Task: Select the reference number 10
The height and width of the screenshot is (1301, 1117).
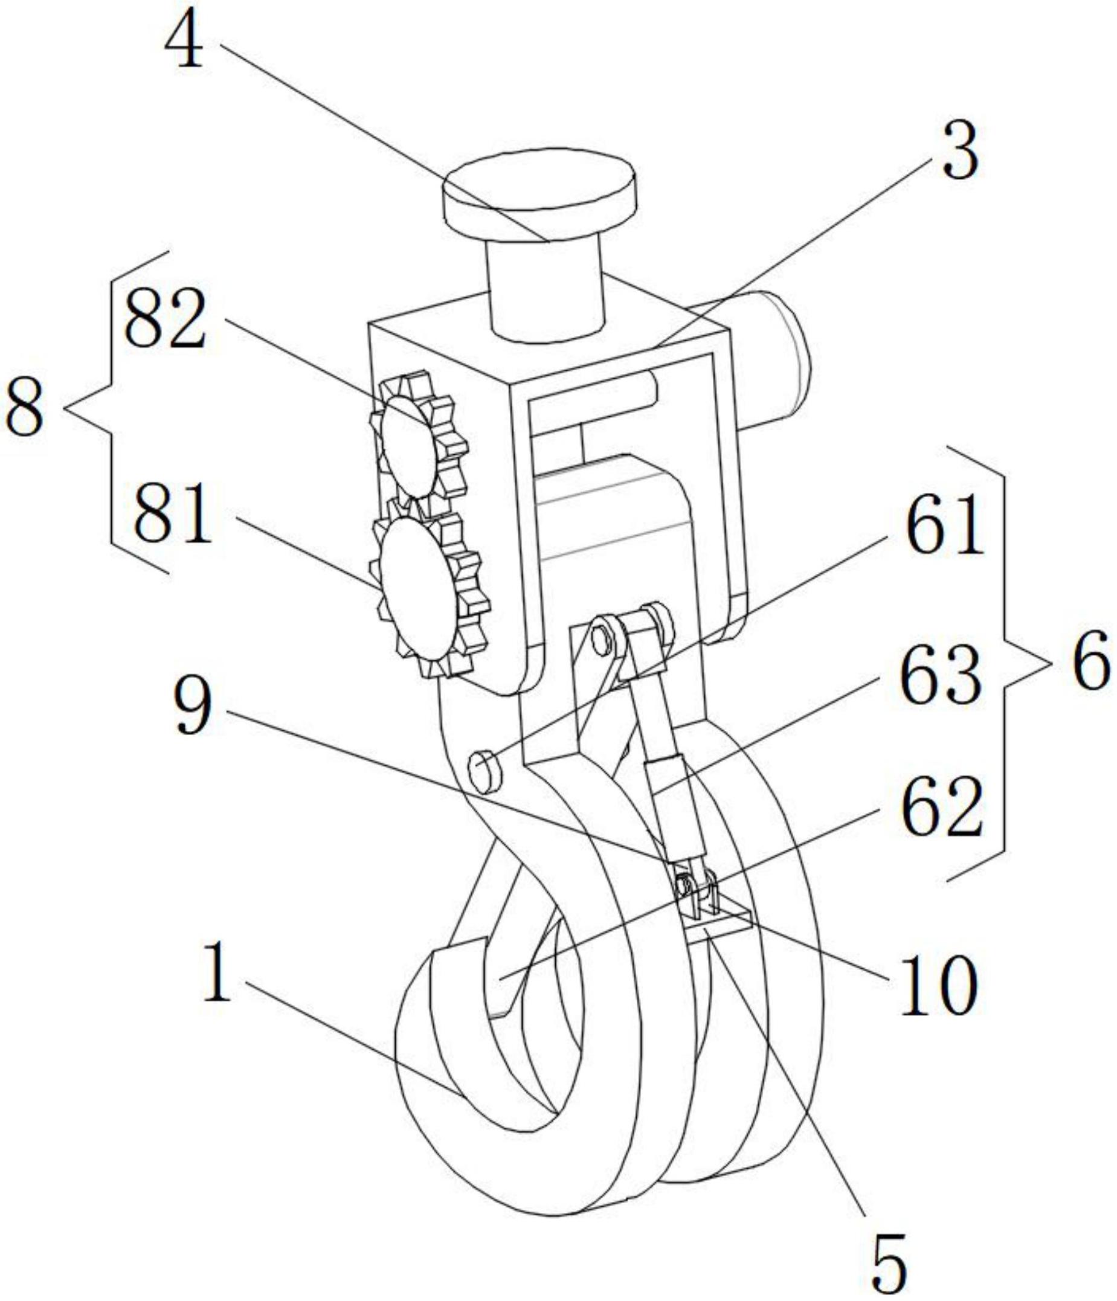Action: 938,984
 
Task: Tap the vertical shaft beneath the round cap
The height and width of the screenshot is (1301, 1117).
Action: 545,289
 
